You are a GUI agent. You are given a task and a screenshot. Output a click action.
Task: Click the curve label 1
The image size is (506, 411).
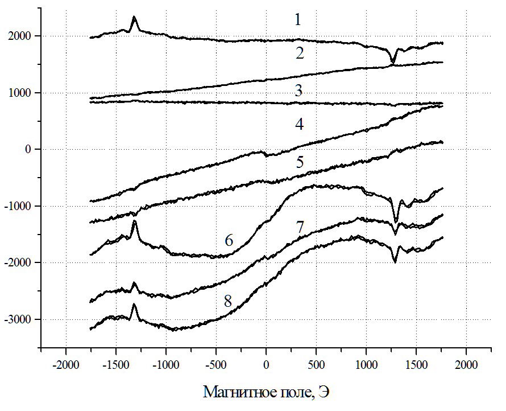(x=297, y=20)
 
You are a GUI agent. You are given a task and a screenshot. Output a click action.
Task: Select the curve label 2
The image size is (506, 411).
(x=300, y=54)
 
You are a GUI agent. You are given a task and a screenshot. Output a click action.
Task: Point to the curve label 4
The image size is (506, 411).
(x=300, y=126)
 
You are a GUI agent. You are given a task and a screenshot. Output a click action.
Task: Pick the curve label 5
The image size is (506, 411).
(x=300, y=162)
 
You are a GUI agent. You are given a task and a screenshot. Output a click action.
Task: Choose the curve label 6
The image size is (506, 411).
(x=229, y=240)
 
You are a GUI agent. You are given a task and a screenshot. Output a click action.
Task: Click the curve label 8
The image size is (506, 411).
(x=228, y=301)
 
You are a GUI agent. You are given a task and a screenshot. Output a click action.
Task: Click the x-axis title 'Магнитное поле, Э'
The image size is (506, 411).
(x=266, y=392)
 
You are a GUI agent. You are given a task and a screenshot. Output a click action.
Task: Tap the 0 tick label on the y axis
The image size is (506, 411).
(x=32, y=150)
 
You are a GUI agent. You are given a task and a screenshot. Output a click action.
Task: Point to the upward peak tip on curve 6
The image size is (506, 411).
(x=135, y=221)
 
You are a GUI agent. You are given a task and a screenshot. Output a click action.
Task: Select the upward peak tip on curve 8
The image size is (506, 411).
(x=135, y=304)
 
